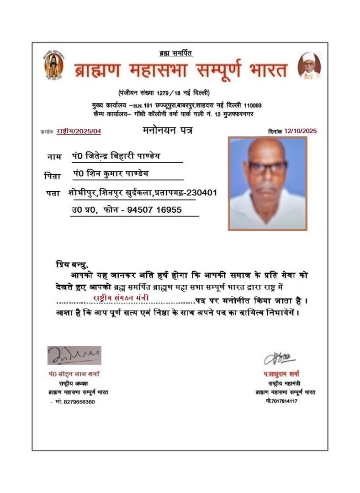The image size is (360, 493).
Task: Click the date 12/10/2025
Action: click(x=300, y=131)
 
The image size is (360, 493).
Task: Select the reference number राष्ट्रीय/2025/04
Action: click(x=79, y=131)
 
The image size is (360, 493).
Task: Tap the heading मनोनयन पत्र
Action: click(x=167, y=131)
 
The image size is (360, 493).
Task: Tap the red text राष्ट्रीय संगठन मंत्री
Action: click(x=120, y=298)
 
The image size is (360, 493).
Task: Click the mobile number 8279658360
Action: click(x=79, y=402)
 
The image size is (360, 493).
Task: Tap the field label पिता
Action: click(x=52, y=175)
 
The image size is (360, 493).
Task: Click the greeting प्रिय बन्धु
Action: click(x=71, y=264)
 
